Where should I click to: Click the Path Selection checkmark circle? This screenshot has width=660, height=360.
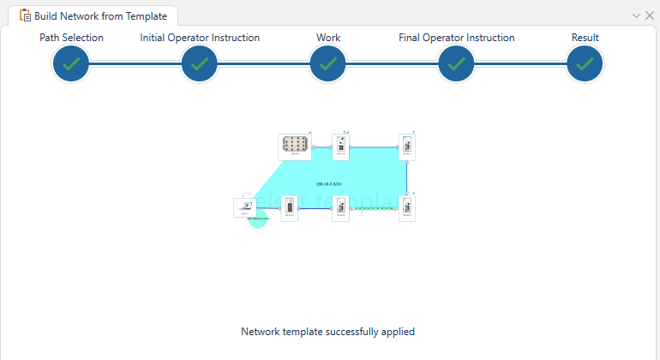click(x=71, y=64)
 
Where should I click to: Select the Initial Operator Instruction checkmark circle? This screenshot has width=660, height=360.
click(x=200, y=64)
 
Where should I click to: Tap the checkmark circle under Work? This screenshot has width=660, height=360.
click(x=328, y=64)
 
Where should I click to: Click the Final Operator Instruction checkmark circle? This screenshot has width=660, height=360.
click(x=457, y=64)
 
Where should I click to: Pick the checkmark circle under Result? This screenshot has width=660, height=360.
click(x=585, y=64)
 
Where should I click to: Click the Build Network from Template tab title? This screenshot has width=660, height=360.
click(x=100, y=15)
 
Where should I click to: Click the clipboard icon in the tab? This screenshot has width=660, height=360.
click(x=26, y=15)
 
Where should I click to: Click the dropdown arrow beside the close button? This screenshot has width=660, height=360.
click(x=636, y=15)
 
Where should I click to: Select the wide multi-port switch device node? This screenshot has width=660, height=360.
click(x=295, y=147)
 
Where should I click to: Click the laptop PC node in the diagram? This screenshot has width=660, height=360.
click(x=244, y=207)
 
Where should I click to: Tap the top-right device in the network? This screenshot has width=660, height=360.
click(x=407, y=147)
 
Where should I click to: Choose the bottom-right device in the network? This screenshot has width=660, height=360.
click(x=407, y=207)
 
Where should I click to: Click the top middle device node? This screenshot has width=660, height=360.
click(x=340, y=147)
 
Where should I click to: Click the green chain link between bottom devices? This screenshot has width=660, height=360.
click(x=374, y=208)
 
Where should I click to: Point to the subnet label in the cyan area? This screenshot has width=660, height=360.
click(x=329, y=183)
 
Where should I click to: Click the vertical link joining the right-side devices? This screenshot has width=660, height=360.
click(x=407, y=177)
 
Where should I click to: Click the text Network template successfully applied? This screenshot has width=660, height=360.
click(x=328, y=332)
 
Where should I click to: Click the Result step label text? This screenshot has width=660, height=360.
click(x=585, y=38)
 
